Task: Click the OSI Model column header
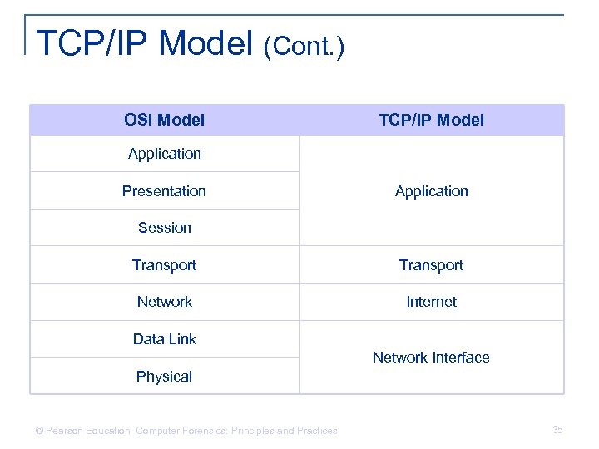click(x=164, y=120)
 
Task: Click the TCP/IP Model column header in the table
click(x=431, y=120)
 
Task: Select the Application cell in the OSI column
click(x=164, y=154)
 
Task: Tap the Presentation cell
click(x=164, y=190)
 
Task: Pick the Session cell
click(x=164, y=227)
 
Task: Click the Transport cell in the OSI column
click(x=164, y=264)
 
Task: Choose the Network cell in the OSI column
click(x=164, y=301)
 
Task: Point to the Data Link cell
click(x=164, y=338)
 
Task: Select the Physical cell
click(x=164, y=376)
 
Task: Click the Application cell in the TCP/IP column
click(x=431, y=190)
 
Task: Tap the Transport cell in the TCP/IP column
click(x=431, y=264)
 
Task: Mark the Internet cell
click(x=431, y=301)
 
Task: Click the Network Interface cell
click(x=431, y=357)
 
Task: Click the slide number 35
click(x=557, y=429)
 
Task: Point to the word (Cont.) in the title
click(x=303, y=47)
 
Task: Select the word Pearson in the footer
click(x=63, y=431)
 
